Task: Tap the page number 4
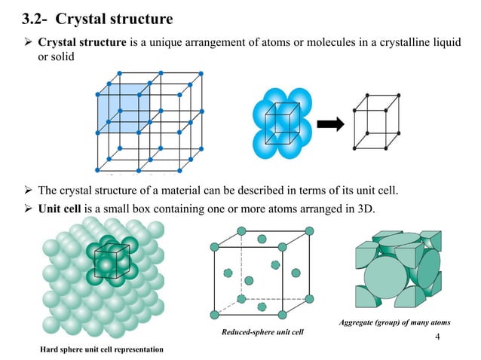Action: coord(438,332)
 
